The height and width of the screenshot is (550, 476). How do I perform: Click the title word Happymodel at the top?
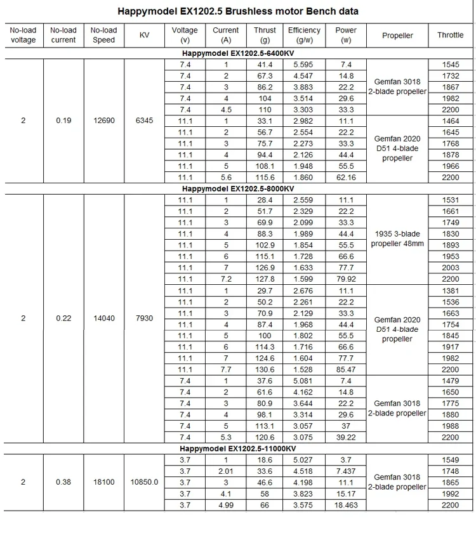coord(145,11)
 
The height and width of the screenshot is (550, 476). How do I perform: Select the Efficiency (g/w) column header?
coord(304,35)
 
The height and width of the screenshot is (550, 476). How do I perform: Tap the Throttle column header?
coord(450,35)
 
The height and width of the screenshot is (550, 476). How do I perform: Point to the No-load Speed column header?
coord(103,35)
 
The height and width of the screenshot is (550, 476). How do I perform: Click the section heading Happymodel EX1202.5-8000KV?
coord(238,189)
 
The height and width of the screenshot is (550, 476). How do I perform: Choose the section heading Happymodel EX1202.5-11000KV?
coord(238,449)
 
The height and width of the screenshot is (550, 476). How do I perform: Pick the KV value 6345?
coord(145,121)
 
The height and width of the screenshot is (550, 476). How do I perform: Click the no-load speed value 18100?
coord(103,482)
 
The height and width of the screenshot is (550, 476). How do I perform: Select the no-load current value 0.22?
coord(63,318)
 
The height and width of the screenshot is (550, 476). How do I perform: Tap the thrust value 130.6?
coord(265,370)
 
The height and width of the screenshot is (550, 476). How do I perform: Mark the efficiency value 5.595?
coord(303,65)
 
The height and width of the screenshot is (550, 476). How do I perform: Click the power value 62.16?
coord(346,178)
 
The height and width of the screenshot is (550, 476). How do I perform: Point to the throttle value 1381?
coord(450,291)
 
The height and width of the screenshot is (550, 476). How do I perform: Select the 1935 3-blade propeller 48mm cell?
coord(397,239)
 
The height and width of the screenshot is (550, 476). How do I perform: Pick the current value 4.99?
coord(225,505)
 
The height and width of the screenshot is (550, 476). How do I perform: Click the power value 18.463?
coord(346,505)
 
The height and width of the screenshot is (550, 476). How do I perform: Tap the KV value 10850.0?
coord(145,482)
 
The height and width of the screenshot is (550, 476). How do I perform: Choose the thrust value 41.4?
coord(265,65)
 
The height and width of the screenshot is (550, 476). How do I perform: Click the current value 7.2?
coord(225,279)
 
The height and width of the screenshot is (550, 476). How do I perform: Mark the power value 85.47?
coord(346,370)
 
